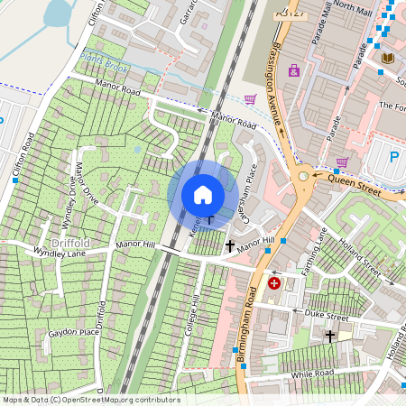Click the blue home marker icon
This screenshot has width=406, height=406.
[x=203, y=194]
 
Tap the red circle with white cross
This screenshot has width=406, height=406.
[x=274, y=283]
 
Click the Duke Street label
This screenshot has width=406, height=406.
[x=326, y=318]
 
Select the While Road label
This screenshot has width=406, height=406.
[x=312, y=373]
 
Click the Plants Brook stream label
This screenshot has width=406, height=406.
[x=104, y=62]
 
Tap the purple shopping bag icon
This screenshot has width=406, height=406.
[x=294, y=70]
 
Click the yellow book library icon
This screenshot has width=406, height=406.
[x=388, y=59]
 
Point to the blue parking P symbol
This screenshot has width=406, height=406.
[x=394, y=157]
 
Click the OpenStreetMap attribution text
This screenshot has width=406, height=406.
[x=90, y=399]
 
